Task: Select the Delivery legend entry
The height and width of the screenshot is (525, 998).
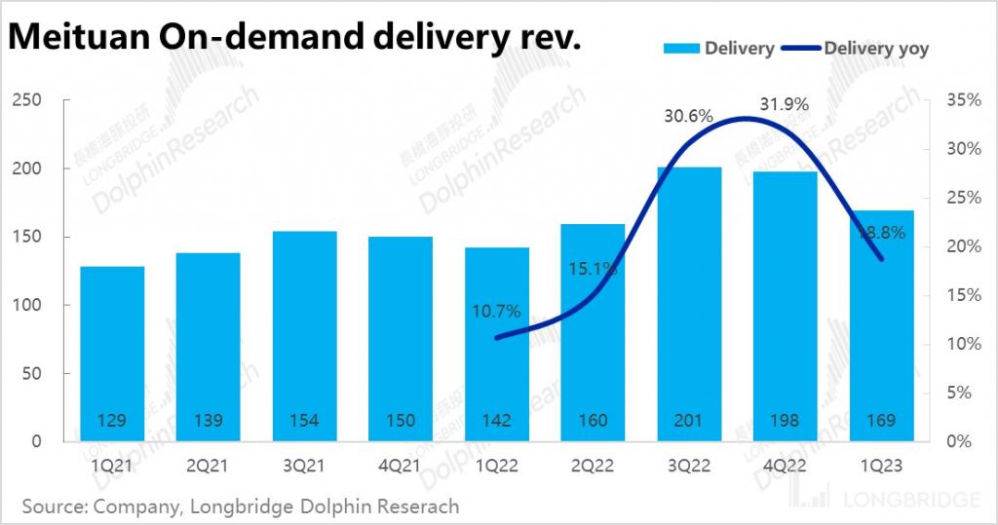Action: click(x=721, y=48)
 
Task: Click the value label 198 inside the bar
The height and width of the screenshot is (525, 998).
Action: click(x=784, y=421)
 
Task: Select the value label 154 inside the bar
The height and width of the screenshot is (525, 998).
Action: click(x=304, y=421)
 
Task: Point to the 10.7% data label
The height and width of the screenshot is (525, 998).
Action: click(x=496, y=312)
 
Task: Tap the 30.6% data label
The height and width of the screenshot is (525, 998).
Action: click(x=688, y=116)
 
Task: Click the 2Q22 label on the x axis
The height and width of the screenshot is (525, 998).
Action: click(x=592, y=467)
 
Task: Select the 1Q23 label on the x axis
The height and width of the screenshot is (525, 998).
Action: click(x=880, y=467)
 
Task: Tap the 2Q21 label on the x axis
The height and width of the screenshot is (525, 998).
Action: click(x=208, y=467)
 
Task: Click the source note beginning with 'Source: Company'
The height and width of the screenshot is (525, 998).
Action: click(x=240, y=506)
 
